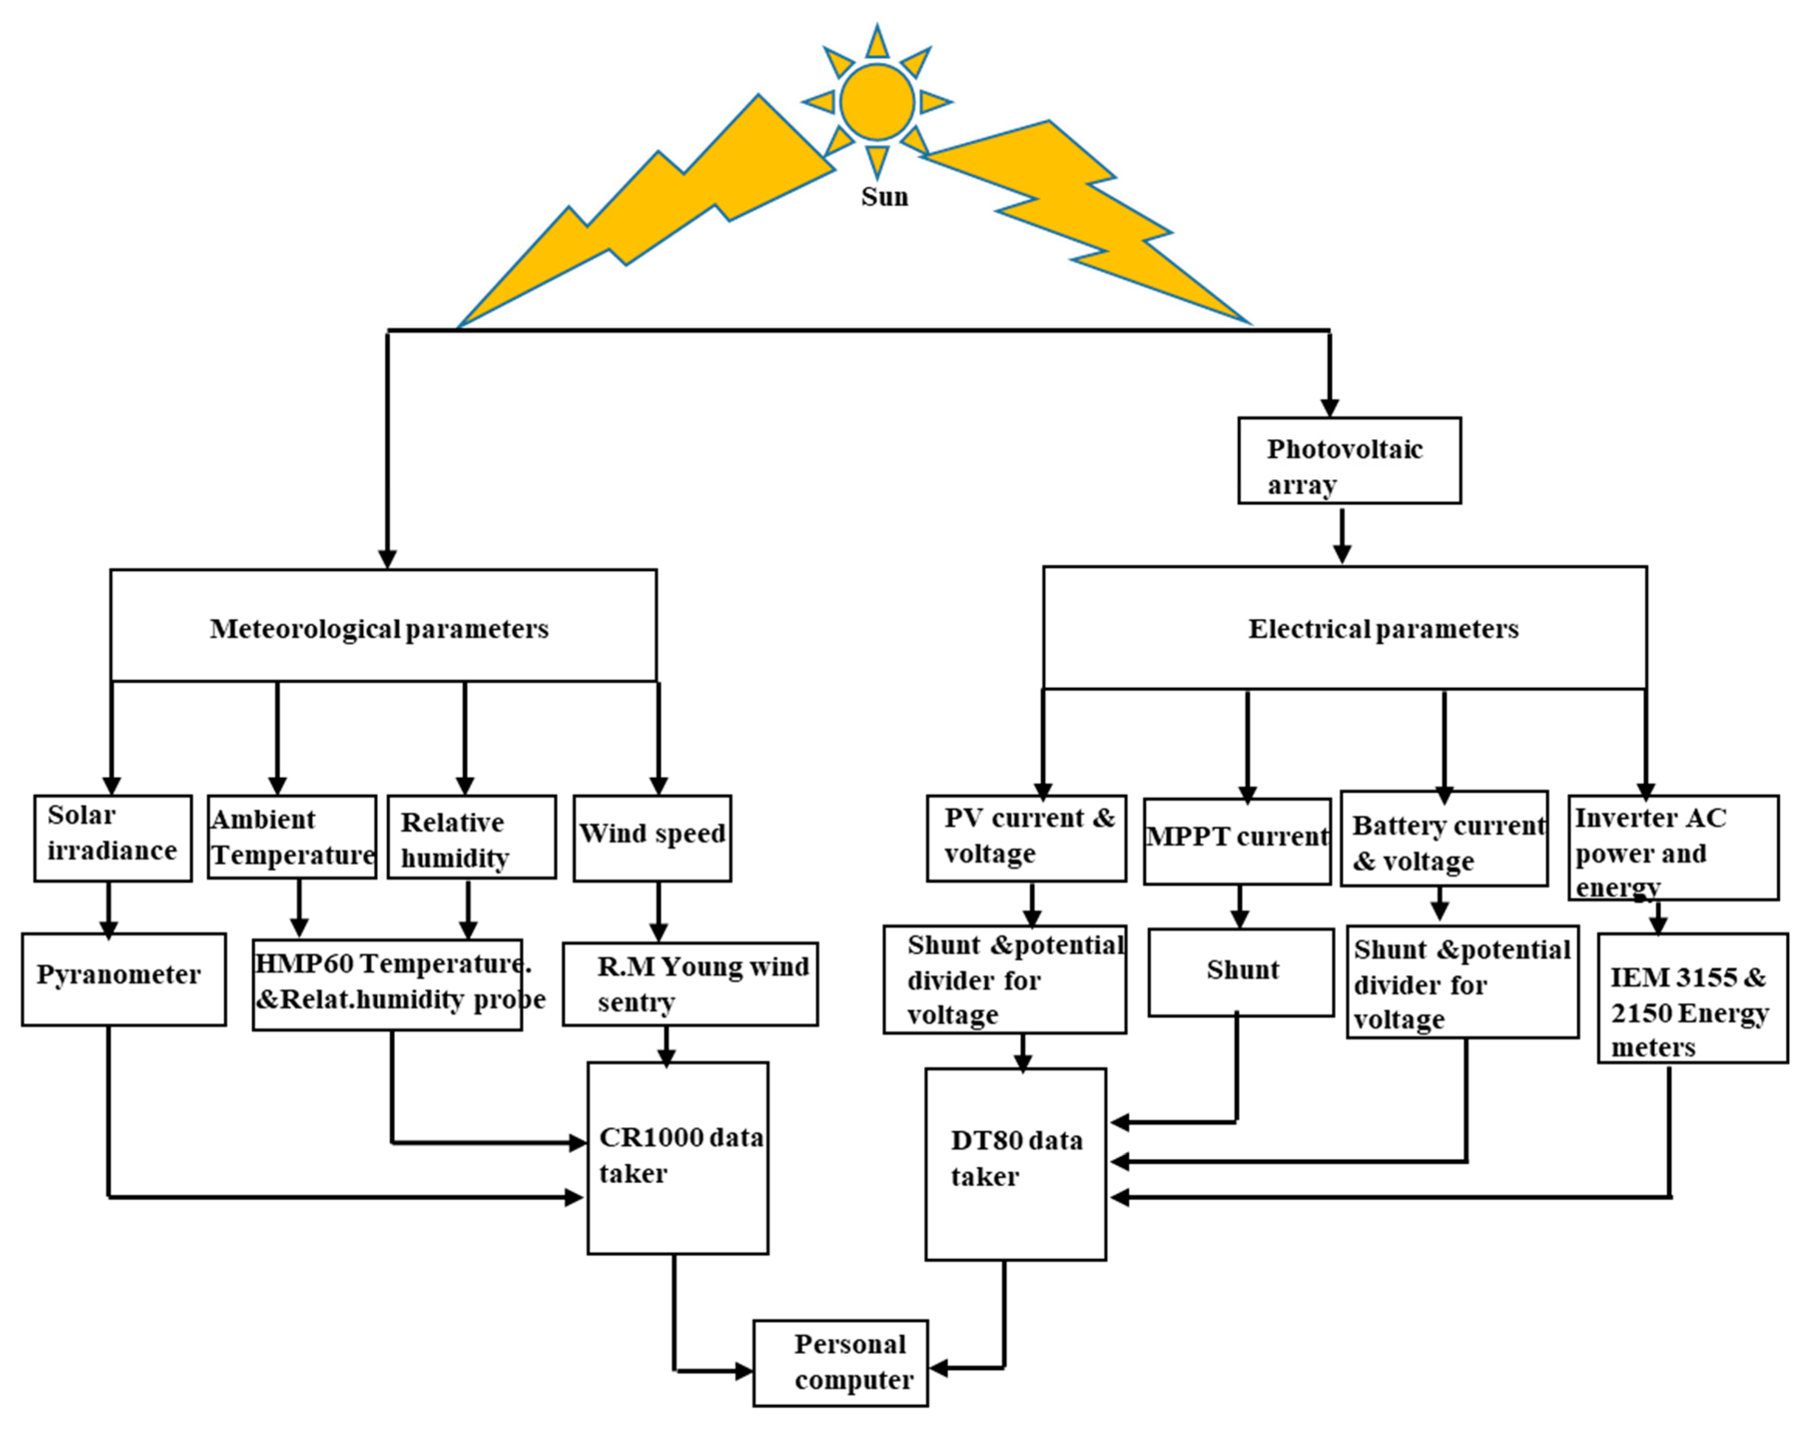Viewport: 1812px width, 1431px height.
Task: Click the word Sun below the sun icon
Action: pyautogui.click(x=884, y=197)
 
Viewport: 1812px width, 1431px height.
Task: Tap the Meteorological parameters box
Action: pyautogui.click(x=383, y=625)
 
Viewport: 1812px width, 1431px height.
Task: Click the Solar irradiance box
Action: pyautogui.click(x=112, y=838)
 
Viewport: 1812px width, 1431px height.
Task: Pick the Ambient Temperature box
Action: pyautogui.click(x=292, y=837)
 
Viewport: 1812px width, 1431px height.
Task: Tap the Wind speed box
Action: pyautogui.click(x=652, y=838)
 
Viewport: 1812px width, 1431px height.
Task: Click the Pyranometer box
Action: pyautogui.click(x=123, y=979)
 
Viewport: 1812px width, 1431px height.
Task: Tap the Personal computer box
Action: pyautogui.click(x=840, y=1363)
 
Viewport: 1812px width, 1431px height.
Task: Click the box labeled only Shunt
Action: pyautogui.click(x=1240, y=972)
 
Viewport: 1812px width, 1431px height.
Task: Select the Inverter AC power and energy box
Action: pyautogui.click(x=1672, y=848)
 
